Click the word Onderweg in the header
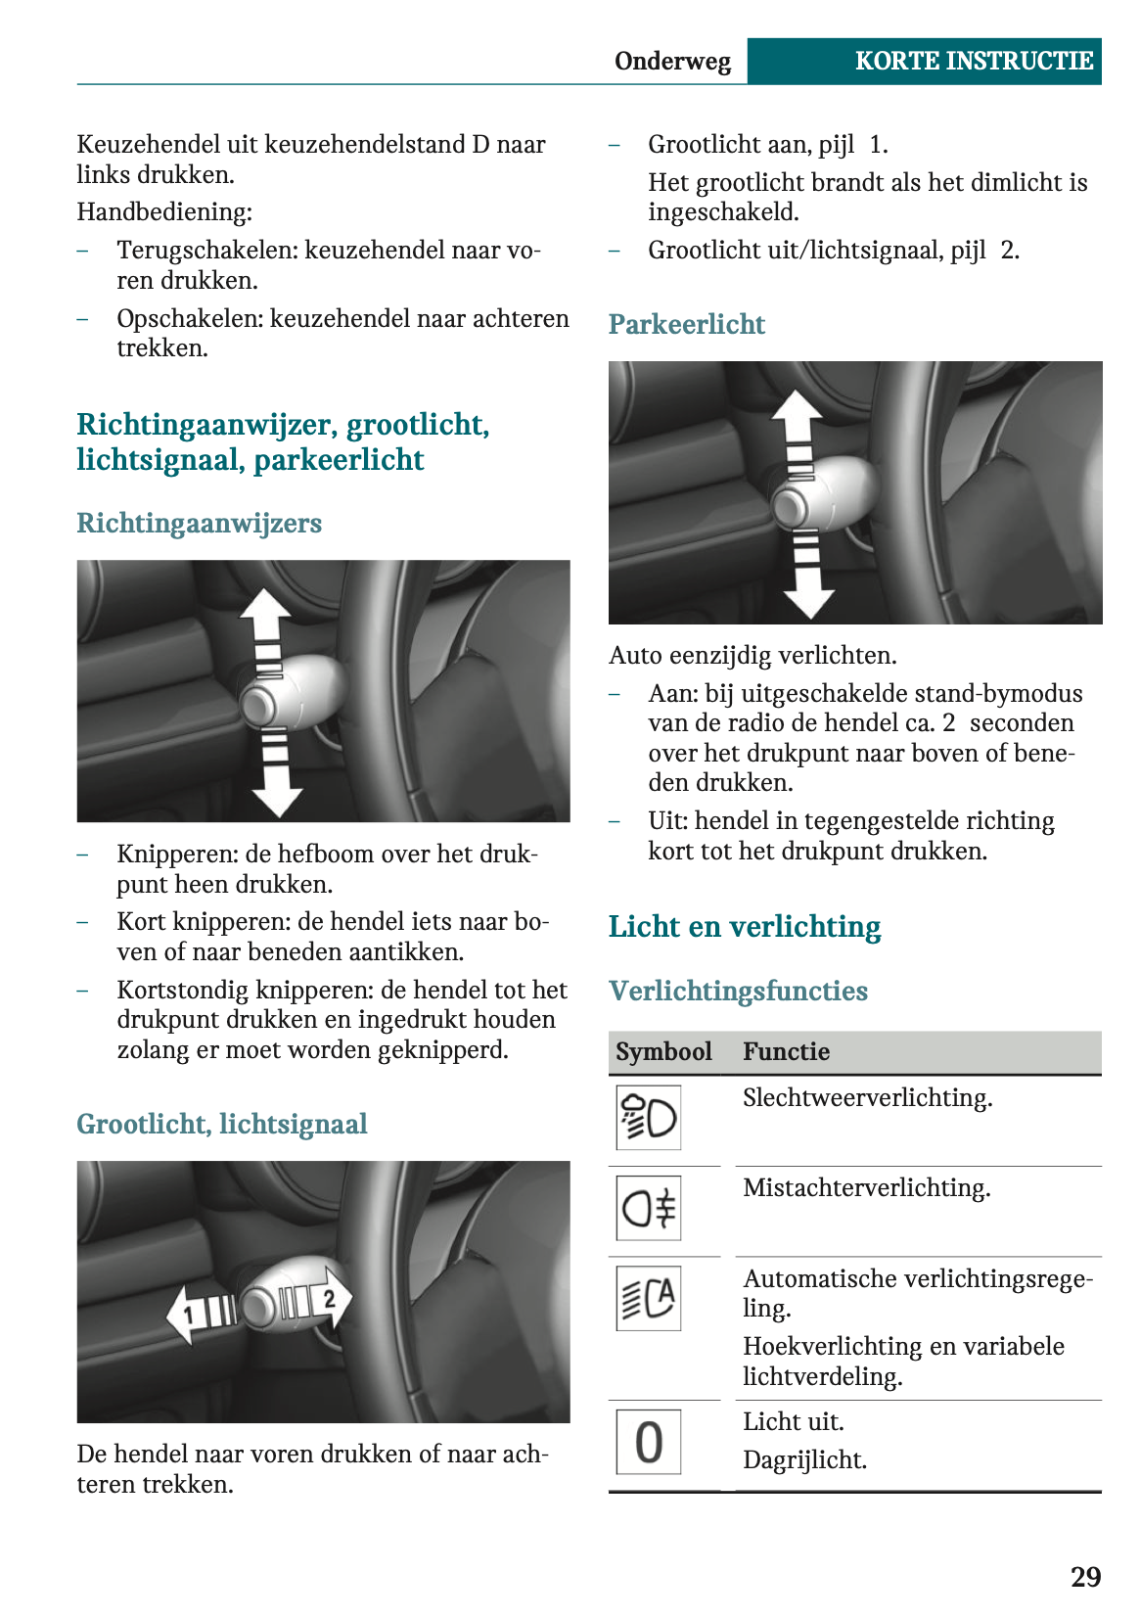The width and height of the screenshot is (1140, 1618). pyautogui.click(x=672, y=62)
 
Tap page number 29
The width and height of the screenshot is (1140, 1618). pyautogui.click(x=1085, y=1577)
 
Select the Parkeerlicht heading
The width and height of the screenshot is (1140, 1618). pyautogui.click(x=686, y=324)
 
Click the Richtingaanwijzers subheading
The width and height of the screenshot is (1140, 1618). pyautogui.click(x=199, y=523)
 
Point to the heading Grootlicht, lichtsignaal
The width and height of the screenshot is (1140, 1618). pyautogui.click(x=222, y=1124)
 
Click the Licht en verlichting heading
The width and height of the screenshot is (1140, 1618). pyautogui.click(x=744, y=926)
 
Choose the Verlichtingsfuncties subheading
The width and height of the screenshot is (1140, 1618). pyautogui.click(x=738, y=991)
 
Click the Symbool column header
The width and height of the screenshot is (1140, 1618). pyautogui.click(x=663, y=1051)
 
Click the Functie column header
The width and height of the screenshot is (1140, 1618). pyautogui.click(x=786, y=1051)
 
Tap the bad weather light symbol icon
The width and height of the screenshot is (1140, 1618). pyautogui.click(x=648, y=1117)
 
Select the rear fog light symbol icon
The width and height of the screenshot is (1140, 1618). pyautogui.click(x=648, y=1208)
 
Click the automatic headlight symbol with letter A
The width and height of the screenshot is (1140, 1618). pyautogui.click(x=648, y=1298)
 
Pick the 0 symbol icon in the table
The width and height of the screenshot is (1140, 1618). pyautogui.click(x=648, y=1441)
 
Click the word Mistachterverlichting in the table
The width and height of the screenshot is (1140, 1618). pyautogui.click(x=866, y=1188)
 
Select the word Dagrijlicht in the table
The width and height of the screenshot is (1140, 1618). pyautogui.click(x=804, y=1460)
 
